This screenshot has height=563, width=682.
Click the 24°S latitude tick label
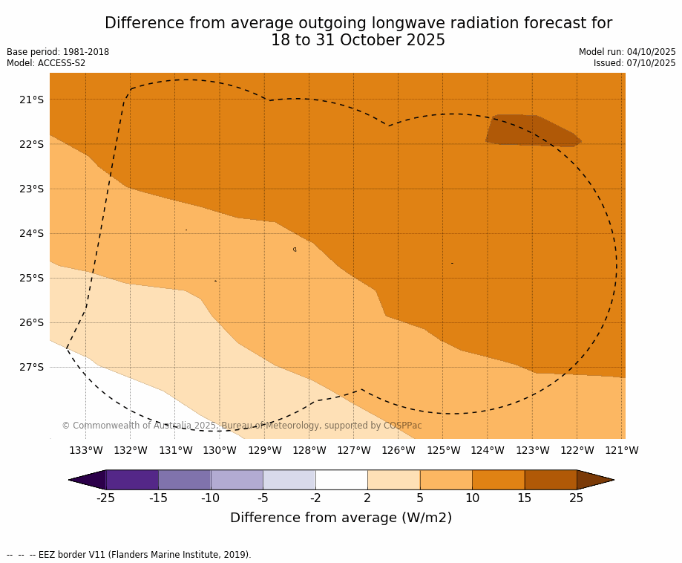(30, 233)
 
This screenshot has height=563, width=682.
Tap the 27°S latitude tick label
(30, 367)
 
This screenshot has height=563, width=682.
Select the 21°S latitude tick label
(30, 100)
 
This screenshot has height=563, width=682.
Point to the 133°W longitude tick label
(86, 450)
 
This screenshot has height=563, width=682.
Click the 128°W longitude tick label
(309, 450)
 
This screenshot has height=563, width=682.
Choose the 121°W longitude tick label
(622, 450)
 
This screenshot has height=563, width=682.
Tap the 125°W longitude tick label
(443, 450)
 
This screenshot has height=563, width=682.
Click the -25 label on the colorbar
(106, 498)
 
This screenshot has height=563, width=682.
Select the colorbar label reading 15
(525, 498)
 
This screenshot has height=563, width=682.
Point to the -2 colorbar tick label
(315, 498)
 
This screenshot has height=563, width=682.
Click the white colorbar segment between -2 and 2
(341, 480)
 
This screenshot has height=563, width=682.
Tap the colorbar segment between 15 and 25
(551, 480)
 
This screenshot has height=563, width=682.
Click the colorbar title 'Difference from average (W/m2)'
(341, 518)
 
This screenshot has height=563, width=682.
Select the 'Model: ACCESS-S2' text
(46, 63)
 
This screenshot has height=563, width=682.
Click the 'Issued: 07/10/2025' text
(635, 63)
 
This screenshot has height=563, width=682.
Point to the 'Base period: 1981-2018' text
(58, 52)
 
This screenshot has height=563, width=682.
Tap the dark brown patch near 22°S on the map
(533, 130)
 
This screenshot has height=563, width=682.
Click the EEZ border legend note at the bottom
(129, 555)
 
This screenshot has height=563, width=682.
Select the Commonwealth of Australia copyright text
(242, 426)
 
